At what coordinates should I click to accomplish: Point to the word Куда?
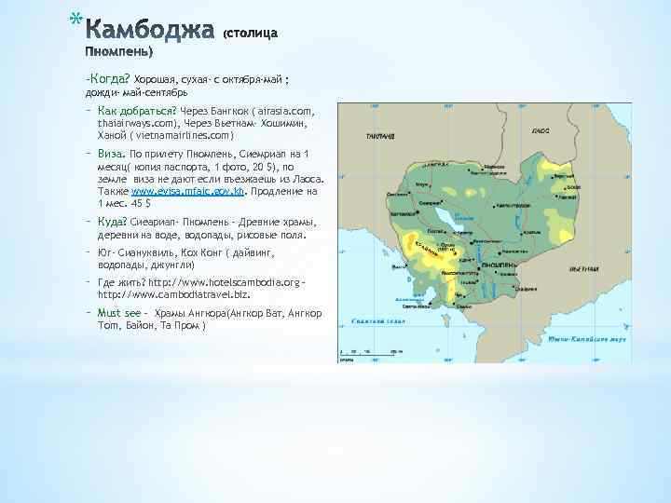[x=114, y=222]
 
